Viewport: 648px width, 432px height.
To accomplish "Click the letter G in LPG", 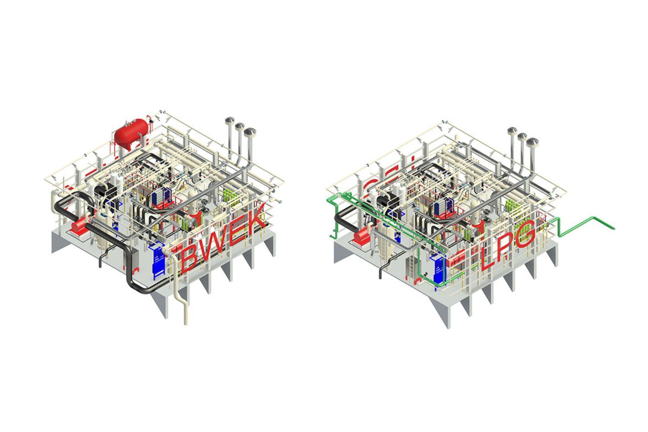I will coord(522,235).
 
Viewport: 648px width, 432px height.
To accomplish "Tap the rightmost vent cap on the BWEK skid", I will coord(250,131).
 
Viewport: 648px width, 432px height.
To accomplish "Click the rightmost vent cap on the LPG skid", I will coord(532,143).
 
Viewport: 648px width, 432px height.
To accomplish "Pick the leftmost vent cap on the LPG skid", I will coord(512,131).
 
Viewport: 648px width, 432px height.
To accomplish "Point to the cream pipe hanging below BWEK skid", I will coord(185,311).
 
